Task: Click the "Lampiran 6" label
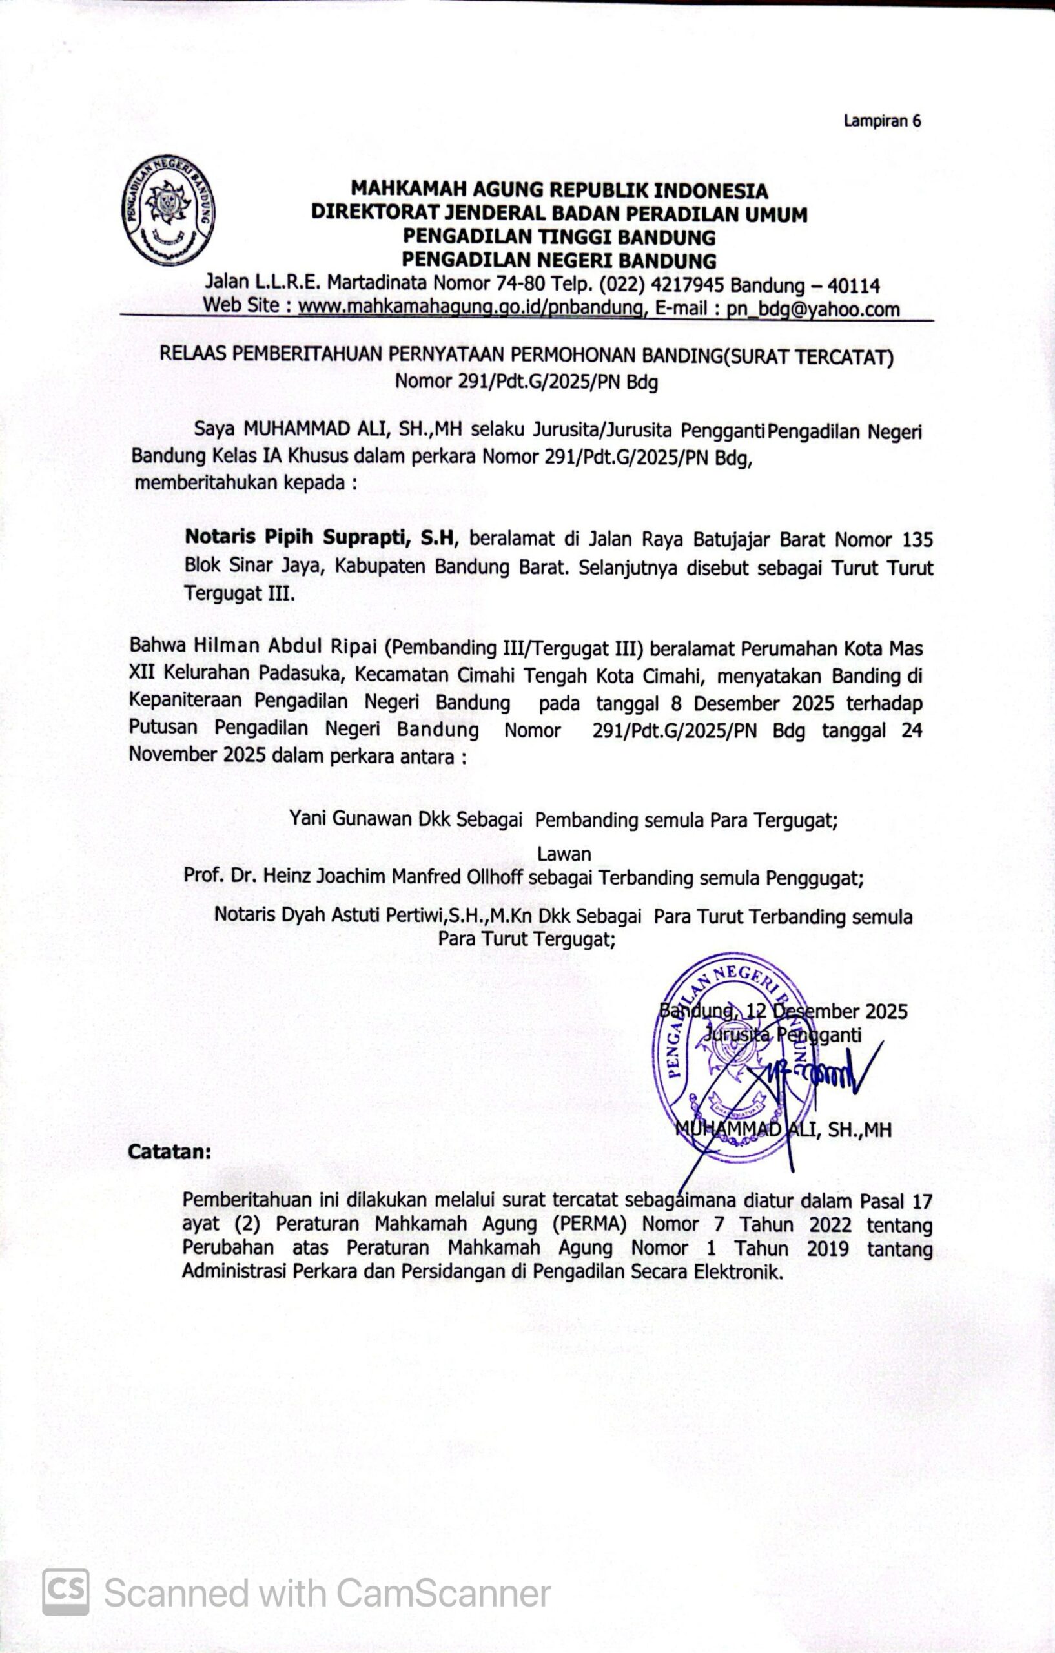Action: [x=882, y=121]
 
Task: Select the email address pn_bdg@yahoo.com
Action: [x=814, y=309]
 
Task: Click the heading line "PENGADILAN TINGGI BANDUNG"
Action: [x=558, y=237]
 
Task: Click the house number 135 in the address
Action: [x=917, y=540]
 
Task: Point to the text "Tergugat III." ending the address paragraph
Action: [x=239, y=593]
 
